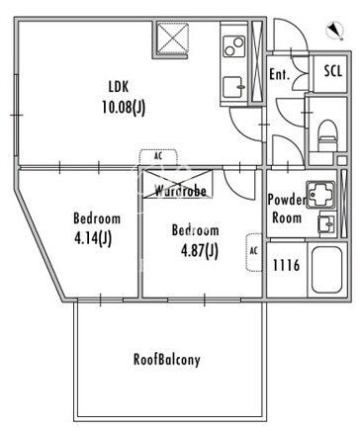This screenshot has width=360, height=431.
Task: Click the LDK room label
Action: coord(119,87)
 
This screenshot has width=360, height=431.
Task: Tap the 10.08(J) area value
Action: coord(124,107)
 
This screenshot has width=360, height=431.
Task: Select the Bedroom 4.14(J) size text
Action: coord(93,238)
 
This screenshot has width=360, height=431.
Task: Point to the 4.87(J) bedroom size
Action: coord(200,251)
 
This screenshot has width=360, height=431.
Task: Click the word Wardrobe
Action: coord(181,191)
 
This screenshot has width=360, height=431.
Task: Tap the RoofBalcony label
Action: coord(166,359)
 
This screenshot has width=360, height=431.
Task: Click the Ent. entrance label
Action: coord(279,74)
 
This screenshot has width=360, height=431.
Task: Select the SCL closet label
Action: coord(333,71)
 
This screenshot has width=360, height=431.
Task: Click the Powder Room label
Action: coord(287,209)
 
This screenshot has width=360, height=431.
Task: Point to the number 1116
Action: coord(286,265)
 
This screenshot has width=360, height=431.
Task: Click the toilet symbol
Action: coord(328,135)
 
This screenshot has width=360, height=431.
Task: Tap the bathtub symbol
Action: coord(326,270)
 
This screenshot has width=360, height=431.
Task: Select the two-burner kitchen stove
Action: coord(234,46)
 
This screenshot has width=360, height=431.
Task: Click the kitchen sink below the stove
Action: coord(234,87)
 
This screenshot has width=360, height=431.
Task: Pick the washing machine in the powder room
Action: coord(320,195)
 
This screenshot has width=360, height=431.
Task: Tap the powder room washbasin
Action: coord(327,223)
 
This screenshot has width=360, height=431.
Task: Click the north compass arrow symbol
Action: coord(335,31)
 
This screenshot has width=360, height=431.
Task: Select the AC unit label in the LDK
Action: coord(158,156)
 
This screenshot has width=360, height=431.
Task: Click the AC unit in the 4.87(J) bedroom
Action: coord(254,252)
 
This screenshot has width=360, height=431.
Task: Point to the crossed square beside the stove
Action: coord(172,38)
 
